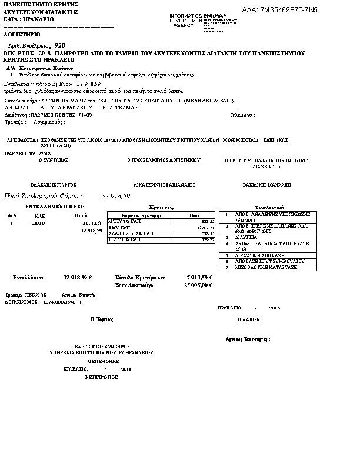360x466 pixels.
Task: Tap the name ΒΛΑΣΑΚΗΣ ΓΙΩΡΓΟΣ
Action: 53,184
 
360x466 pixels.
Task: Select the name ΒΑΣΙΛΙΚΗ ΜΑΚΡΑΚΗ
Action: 266,184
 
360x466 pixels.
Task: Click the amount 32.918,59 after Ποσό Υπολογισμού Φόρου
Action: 116,195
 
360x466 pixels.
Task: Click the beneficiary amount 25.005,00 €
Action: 198,285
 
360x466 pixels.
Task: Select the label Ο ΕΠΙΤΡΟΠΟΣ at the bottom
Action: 98,376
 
